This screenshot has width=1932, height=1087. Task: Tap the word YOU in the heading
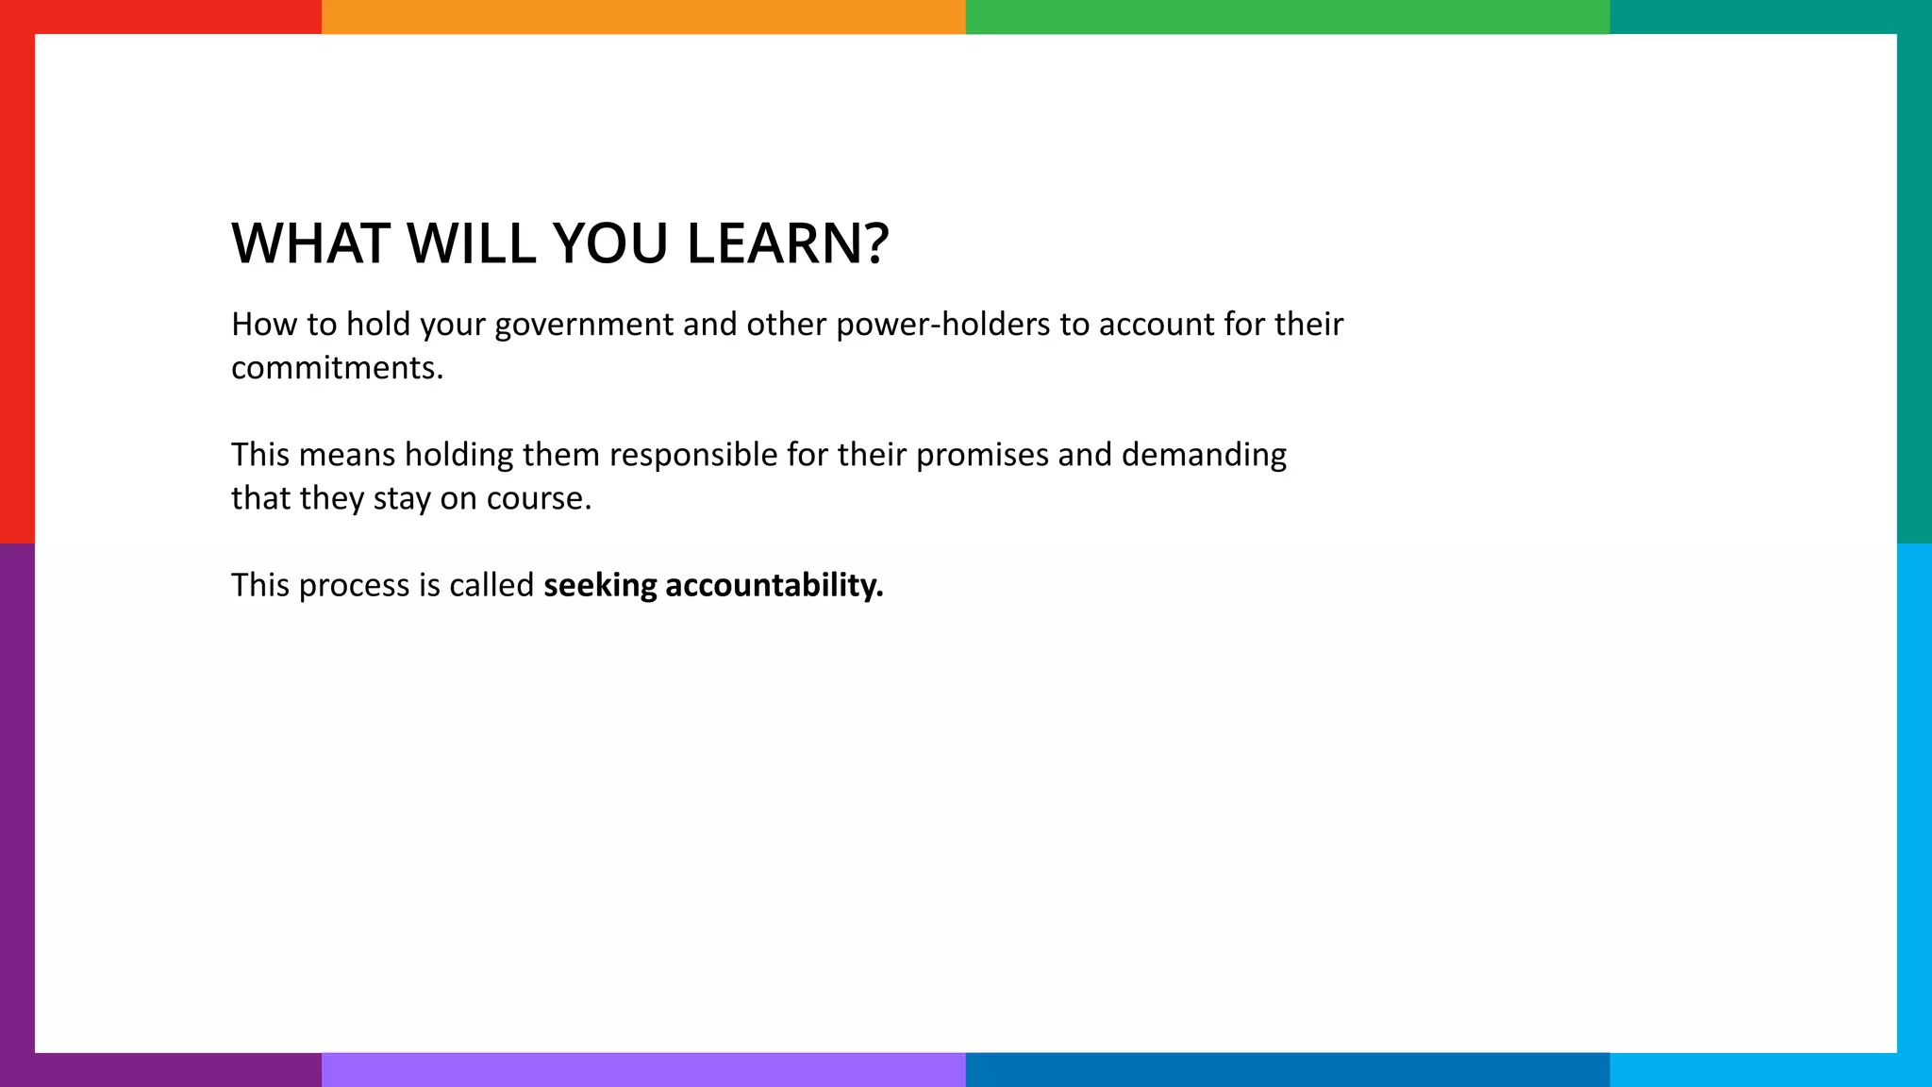pos(611,243)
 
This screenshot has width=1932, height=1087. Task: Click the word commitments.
pos(337,368)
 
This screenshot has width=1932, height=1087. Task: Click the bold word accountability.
pos(774,586)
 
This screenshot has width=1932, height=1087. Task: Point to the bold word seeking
pos(600,586)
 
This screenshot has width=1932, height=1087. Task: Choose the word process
pos(357,586)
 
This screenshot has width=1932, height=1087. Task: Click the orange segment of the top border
pos(643,16)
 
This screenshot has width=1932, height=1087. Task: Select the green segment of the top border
pos(1288,16)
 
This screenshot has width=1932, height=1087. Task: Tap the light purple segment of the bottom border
pos(643,1070)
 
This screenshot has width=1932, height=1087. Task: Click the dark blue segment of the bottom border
pos(1288,1070)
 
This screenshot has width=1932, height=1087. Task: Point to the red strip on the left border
pos(16,283)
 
